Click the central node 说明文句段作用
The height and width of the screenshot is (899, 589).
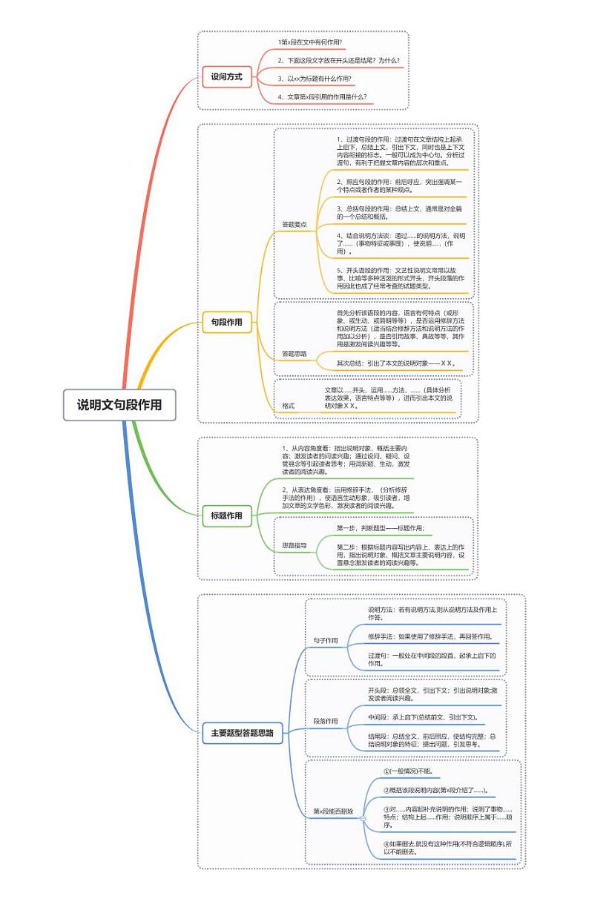(x=119, y=405)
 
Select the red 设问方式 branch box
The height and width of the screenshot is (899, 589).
(x=227, y=76)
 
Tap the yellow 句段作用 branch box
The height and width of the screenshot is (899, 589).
(x=227, y=321)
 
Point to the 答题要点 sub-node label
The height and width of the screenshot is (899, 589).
(x=294, y=224)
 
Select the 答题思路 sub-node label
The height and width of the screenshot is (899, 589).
(x=294, y=354)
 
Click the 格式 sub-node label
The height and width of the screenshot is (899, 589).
(x=289, y=406)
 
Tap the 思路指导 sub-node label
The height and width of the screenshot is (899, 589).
(x=294, y=545)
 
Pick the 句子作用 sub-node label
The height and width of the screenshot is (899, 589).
(x=326, y=640)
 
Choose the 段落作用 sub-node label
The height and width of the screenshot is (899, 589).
(x=326, y=721)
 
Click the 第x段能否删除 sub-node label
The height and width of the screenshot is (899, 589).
(x=333, y=811)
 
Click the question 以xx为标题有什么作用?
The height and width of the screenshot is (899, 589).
(x=315, y=78)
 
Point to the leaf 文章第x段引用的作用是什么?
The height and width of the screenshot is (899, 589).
(x=322, y=96)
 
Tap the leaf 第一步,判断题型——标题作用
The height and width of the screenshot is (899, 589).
(x=381, y=528)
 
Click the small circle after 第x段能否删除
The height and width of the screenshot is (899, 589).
(x=363, y=818)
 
